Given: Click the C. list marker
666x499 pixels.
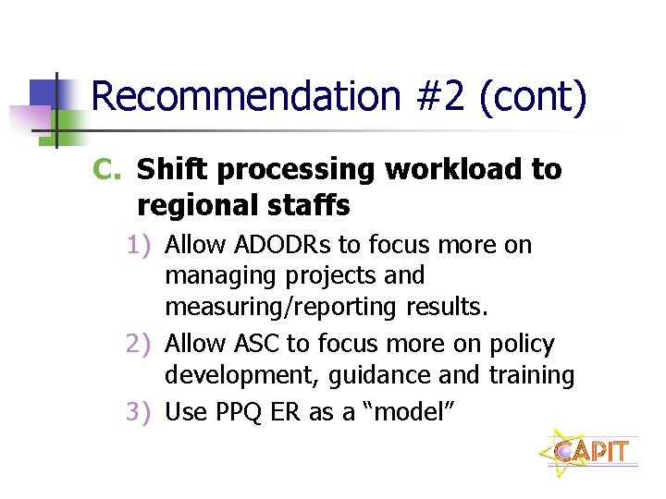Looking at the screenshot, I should [107, 170].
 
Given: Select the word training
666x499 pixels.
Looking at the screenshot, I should [532, 376].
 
